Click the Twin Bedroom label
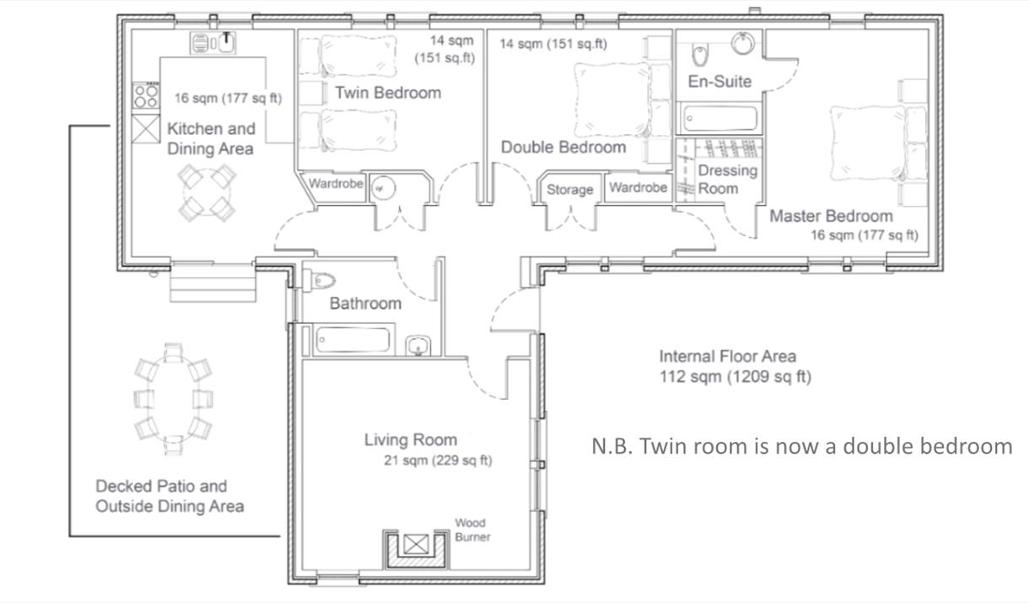point(388,93)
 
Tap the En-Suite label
point(719,81)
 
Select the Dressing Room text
point(728,179)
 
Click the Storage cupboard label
point(569,189)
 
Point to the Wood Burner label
point(472,530)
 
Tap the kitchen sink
point(213,43)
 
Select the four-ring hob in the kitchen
point(146,96)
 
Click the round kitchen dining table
point(207,193)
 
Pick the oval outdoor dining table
point(173,399)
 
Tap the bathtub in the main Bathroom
point(353,340)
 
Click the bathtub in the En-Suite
point(719,119)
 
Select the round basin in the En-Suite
point(743,44)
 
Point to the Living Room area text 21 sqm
point(438,460)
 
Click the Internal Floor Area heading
point(728,356)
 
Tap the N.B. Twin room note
point(801,446)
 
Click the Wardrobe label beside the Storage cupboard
point(638,187)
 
